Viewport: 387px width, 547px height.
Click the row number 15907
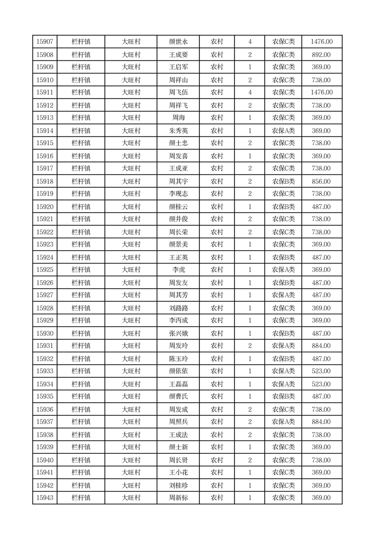(x=45, y=42)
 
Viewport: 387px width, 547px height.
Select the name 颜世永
(x=178, y=42)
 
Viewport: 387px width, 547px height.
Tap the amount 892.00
(x=321, y=55)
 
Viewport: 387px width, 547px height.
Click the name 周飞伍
(x=178, y=93)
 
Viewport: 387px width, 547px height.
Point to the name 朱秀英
(x=178, y=131)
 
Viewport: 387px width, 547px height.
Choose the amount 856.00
(x=321, y=181)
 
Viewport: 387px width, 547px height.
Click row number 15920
(x=45, y=207)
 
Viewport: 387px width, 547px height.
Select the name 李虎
(x=178, y=270)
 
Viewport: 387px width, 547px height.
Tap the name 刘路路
(x=178, y=308)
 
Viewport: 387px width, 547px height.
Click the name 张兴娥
(x=178, y=333)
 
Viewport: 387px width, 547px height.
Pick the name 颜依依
(x=178, y=371)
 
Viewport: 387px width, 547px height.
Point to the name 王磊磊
(x=178, y=384)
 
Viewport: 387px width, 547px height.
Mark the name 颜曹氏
(x=178, y=397)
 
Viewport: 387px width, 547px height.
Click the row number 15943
(x=45, y=498)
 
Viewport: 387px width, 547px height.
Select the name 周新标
(x=178, y=498)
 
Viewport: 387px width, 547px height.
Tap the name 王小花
(x=178, y=472)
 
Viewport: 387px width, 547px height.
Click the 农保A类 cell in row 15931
(x=283, y=346)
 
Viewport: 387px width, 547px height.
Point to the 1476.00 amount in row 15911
(x=321, y=93)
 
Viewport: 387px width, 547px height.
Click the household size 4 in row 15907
(x=250, y=42)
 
